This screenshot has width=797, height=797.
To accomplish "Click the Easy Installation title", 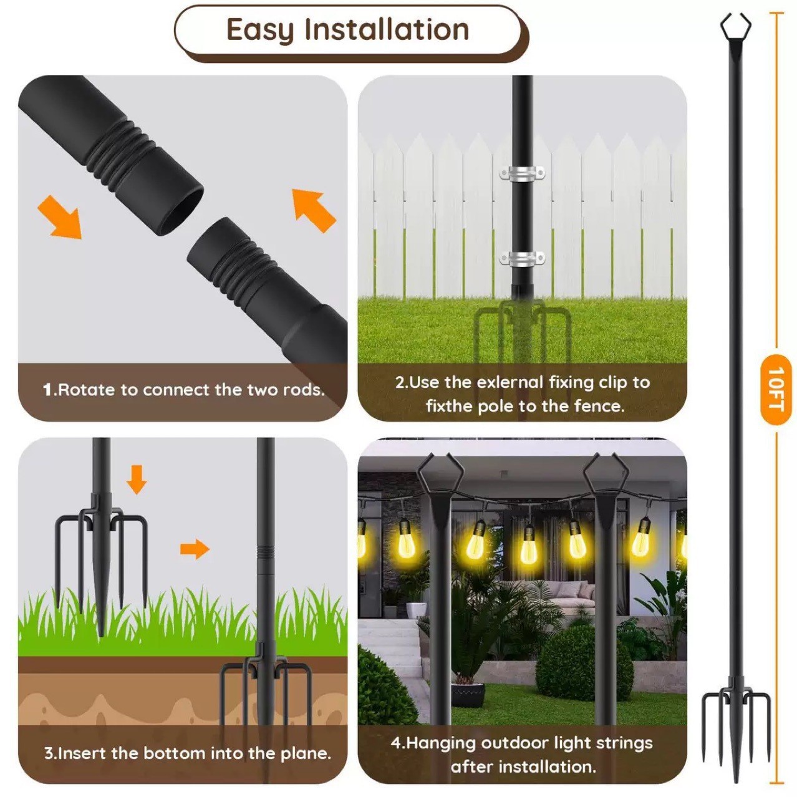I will coord(347,30).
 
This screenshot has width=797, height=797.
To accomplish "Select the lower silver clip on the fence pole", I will coord(522,258).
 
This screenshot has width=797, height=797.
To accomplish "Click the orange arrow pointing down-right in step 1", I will coord(60,216).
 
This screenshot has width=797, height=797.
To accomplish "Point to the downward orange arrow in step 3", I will coord(137,479).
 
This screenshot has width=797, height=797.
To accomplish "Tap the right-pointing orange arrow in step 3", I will coord(195,549).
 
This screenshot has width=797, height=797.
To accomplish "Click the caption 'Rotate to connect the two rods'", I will coord(184,390).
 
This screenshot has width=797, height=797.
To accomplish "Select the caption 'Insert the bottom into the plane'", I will coord(187,753).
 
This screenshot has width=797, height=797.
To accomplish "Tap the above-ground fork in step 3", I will coord(101,530).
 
